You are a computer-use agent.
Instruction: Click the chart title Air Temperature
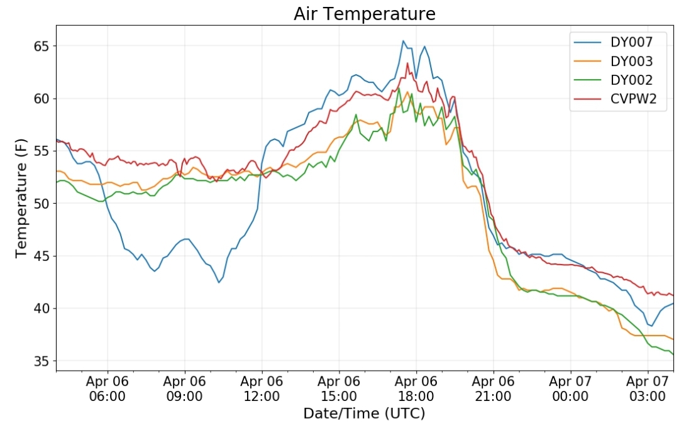tap(364, 14)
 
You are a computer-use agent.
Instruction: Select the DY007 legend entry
tap(631, 43)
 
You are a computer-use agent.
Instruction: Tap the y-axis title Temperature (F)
tap(22, 199)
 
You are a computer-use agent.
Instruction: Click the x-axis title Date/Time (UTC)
tap(364, 414)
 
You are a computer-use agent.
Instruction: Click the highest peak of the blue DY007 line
tap(403, 41)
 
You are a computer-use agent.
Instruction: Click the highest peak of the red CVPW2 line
tap(407, 63)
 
